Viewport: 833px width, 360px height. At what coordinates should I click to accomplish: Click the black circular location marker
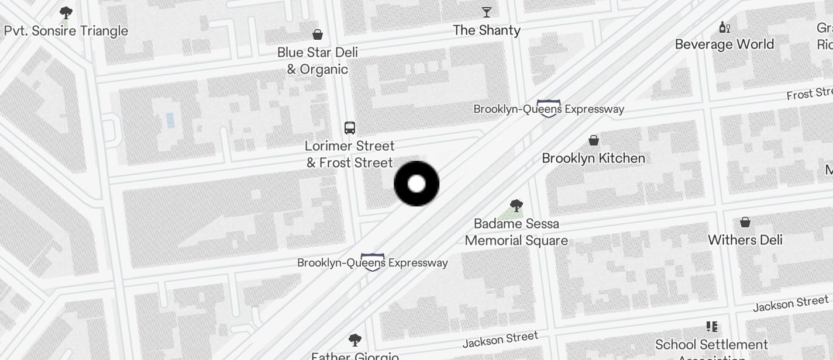tap(417, 184)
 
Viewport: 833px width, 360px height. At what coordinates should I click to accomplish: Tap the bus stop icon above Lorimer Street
tap(350, 128)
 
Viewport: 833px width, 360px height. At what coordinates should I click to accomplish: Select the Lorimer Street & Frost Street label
tap(350, 154)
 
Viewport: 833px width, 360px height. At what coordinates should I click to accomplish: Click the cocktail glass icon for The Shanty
tap(487, 12)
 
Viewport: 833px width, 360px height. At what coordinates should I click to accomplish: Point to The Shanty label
tap(487, 30)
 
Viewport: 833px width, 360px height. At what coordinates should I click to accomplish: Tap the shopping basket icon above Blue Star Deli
tap(318, 34)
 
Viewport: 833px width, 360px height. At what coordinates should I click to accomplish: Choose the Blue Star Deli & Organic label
tap(318, 61)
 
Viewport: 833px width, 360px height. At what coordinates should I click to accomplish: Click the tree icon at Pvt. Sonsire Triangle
tap(66, 12)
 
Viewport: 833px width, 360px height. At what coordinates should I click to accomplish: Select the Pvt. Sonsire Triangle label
tap(66, 31)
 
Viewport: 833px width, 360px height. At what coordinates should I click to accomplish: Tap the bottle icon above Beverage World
tap(724, 27)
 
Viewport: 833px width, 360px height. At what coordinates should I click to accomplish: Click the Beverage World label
tap(724, 44)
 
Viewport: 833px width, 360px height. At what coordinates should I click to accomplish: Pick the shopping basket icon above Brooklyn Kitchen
tap(594, 140)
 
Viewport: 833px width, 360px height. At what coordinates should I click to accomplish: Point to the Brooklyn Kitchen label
tap(594, 158)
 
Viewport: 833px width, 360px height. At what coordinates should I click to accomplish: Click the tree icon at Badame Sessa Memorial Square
tap(516, 205)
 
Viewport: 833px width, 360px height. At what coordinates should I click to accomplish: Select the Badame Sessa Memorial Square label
tap(516, 232)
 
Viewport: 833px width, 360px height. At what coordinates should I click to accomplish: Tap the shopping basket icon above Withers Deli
tap(745, 222)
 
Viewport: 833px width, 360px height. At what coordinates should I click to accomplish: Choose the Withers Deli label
tap(745, 240)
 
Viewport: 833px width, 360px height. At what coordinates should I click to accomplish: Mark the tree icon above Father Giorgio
tap(354, 340)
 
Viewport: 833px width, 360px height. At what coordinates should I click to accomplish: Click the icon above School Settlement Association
tap(712, 327)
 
